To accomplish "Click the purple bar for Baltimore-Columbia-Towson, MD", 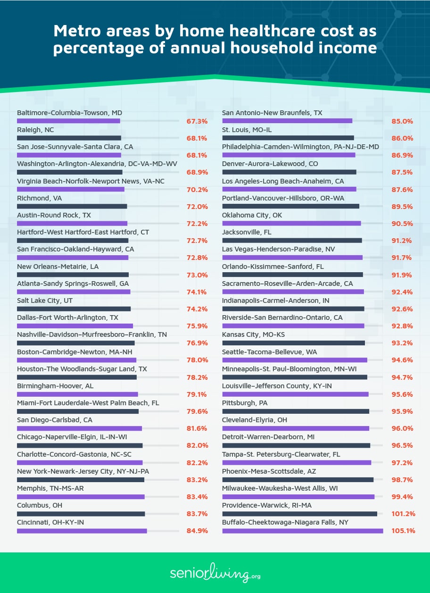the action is point(68,121).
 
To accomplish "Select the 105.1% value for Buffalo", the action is point(403,531).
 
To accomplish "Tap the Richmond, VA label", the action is point(40,198).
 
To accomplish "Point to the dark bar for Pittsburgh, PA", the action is point(296,411).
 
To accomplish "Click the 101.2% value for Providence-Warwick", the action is point(403,514).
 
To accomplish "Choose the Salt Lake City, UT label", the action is point(45,301).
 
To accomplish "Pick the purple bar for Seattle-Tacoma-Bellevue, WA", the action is point(295,360).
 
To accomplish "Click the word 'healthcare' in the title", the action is point(273,31).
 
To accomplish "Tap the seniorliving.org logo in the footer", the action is point(215,573).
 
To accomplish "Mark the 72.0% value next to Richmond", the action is point(197,207).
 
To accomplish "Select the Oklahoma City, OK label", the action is point(252,215).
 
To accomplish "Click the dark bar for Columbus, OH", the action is point(81,514).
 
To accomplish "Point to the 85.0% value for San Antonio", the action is point(402,121).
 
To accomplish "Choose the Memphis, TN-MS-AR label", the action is point(50,488).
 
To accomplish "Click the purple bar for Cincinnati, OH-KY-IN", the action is point(82,531).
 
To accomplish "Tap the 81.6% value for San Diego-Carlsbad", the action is point(197,428).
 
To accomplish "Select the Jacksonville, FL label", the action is point(247,232).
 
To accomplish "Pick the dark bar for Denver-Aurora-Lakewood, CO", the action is point(289,172).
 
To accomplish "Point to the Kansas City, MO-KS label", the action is point(254,334).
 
